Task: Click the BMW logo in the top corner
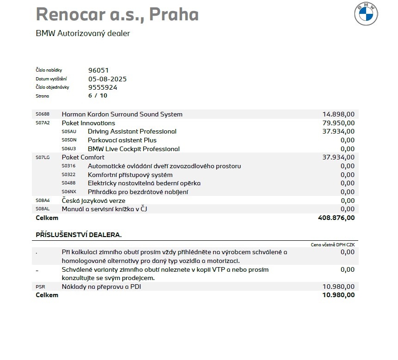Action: coord(367,15)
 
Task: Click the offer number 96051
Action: coord(98,70)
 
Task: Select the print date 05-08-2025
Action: coord(107,79)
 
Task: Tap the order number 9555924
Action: coord(103,87)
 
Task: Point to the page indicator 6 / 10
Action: coord(98,96)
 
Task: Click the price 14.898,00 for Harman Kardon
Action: coord(338,114)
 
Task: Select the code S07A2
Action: coord(43,123)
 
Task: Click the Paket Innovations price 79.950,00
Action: coord(338,123)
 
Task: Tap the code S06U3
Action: coord(68,149)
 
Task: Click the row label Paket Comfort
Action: coord(83,157)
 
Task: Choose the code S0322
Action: coord(68,175)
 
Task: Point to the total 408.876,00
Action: coord(337,218)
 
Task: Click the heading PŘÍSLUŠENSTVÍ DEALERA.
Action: coord(79,235)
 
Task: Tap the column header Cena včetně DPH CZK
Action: coord(332,244)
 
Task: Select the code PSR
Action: coord(40,287)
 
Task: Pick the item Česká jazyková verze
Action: coord(100,201)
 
